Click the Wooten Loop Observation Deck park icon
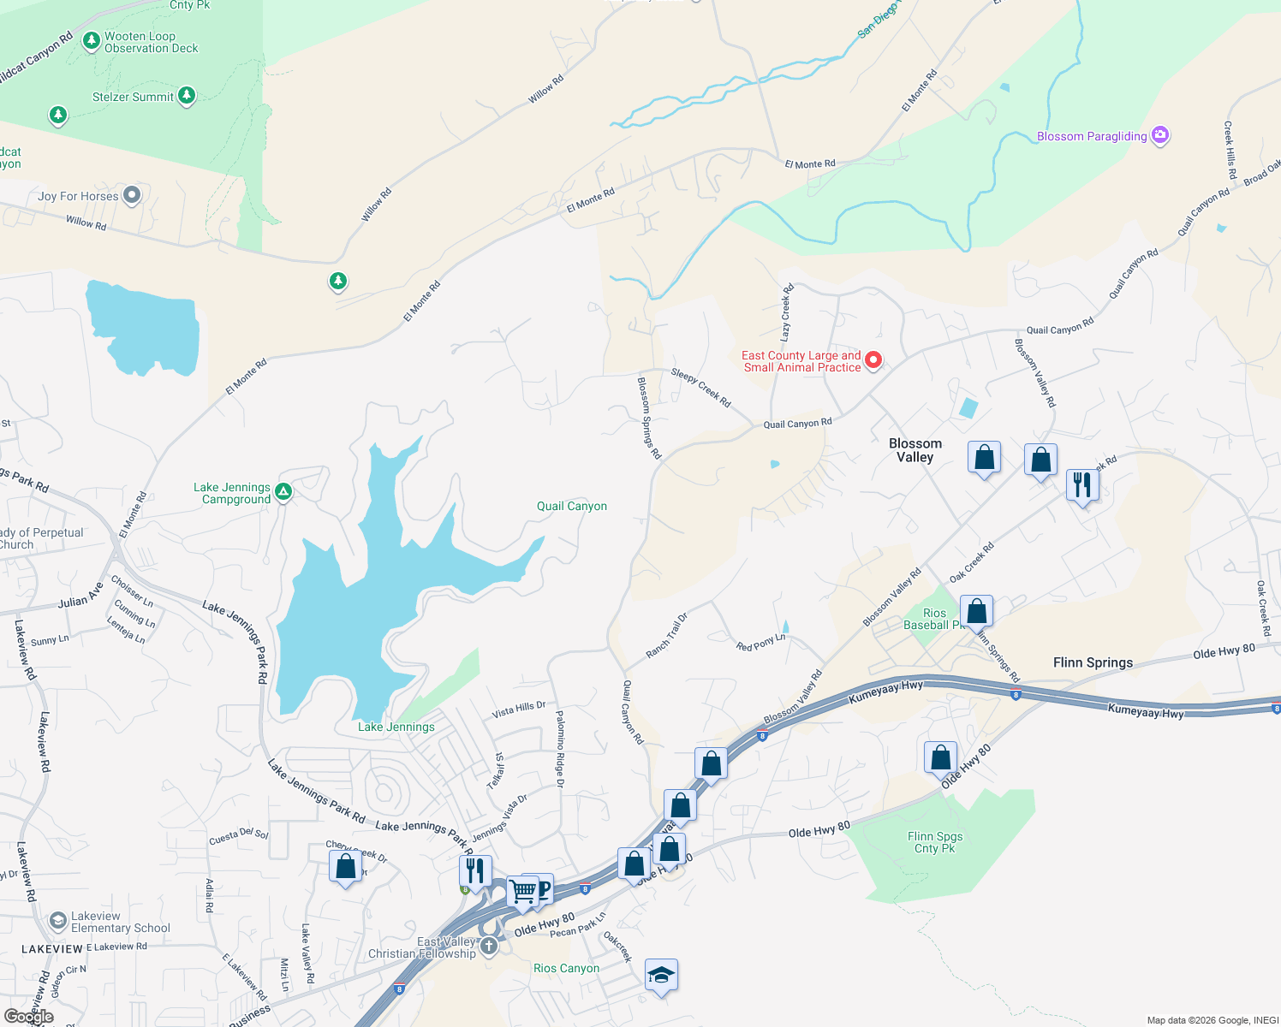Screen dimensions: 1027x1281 point(92,41)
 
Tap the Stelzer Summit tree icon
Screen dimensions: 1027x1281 point(187,96)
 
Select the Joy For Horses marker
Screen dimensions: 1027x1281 point(131,196)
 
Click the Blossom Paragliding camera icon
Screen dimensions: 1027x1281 point(1160,135)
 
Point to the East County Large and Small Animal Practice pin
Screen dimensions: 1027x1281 point(873,360)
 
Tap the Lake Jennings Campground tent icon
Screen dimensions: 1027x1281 point(283,491)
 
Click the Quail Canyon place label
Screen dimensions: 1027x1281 point(571,506)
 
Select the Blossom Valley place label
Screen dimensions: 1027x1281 point(915,450)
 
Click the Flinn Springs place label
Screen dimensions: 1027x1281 point(1093,662)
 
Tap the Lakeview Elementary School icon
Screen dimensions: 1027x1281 point(58,921)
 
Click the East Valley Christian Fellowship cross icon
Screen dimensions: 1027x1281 point(488,946)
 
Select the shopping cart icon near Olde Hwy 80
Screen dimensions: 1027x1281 point(522,890)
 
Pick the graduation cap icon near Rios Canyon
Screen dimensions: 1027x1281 point(661,974)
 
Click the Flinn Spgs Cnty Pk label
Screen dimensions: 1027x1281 point(934,842)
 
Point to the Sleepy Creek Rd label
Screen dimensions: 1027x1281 point(700,388)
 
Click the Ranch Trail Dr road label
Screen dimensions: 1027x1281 point(666,636)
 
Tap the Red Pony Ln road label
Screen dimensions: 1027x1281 point(760,643)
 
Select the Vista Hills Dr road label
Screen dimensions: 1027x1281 point(518,709)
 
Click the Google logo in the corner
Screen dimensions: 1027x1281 point(28,1016)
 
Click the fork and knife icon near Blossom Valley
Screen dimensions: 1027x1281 point(1082,484)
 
